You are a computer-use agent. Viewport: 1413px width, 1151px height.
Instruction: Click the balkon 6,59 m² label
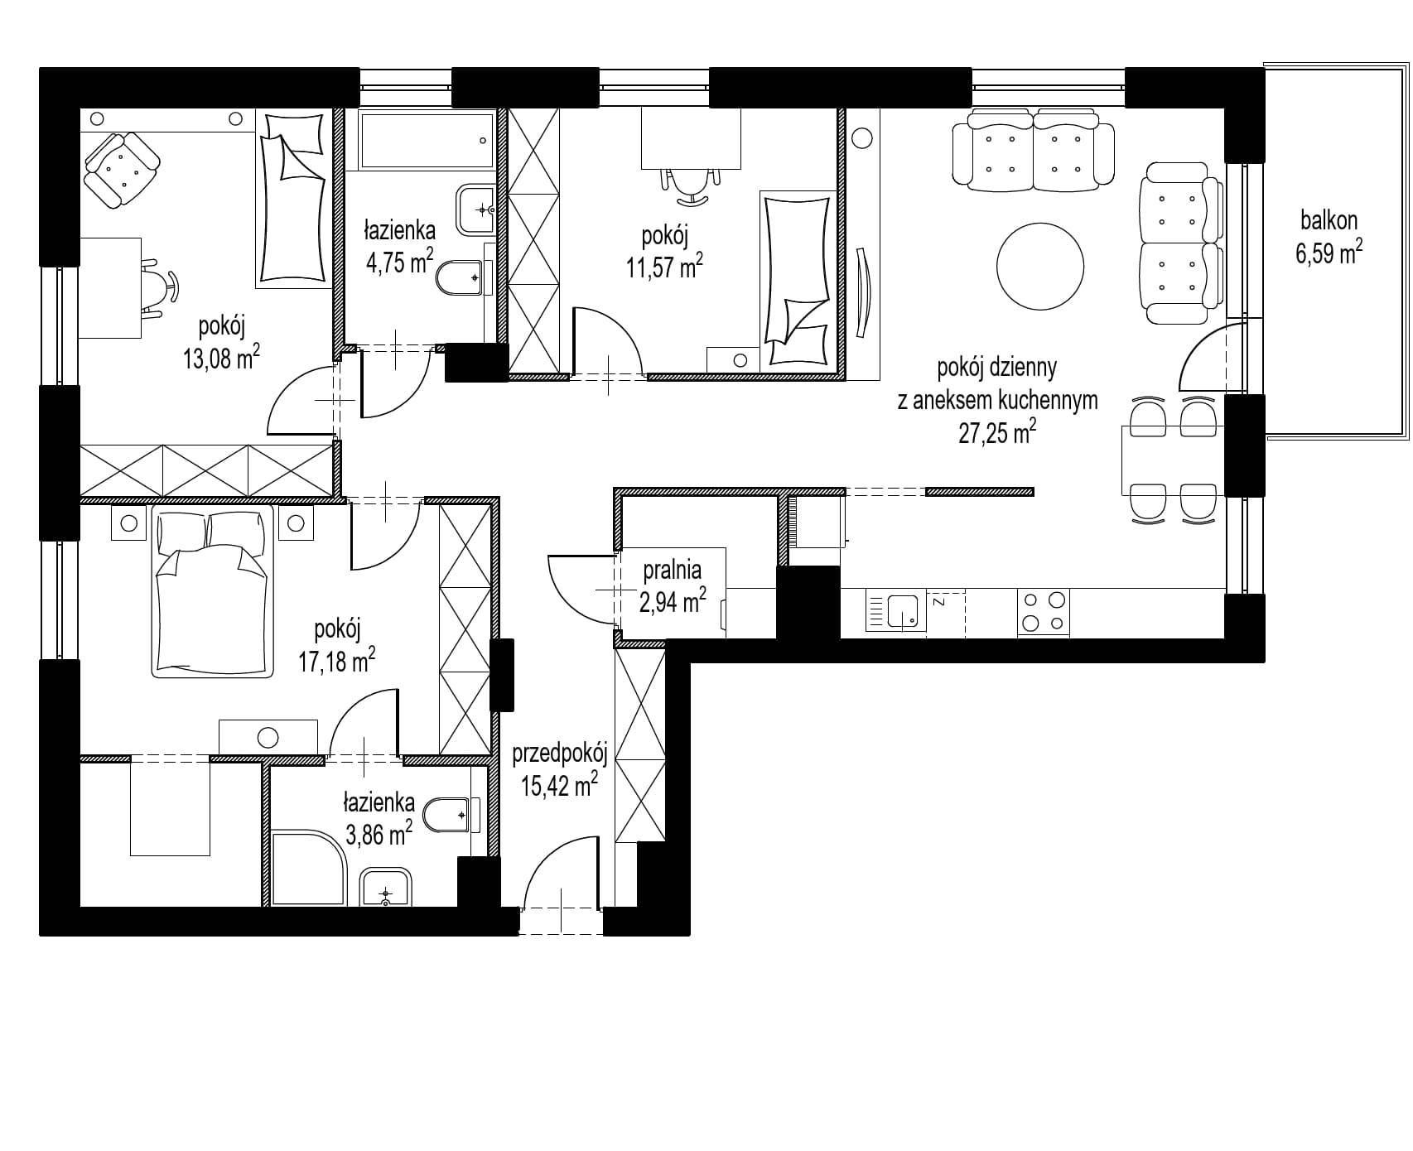tap(1329, 236)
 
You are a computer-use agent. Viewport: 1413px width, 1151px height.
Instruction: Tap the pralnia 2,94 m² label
tap(672, 585)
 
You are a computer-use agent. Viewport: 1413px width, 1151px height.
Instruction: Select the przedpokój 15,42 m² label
tap(560, 769)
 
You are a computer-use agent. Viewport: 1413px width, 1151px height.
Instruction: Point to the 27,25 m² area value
tap(997, 432)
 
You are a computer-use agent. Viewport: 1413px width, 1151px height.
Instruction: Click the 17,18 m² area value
tap(336, 661)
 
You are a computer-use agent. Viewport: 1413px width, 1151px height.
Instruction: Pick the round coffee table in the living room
tap(1039, 267)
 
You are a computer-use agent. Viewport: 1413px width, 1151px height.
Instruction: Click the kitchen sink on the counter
tap(895, 612)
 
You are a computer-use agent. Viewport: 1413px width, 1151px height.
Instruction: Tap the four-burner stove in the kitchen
tap(1044, 612)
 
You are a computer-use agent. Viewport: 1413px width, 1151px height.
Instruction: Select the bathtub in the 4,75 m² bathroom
tap(426, 140)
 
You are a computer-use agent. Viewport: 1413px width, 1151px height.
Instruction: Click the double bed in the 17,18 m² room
tap(213, 591)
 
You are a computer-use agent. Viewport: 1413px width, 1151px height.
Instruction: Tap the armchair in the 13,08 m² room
tap(121, 170)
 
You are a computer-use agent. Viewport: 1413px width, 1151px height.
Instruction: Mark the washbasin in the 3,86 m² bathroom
tap(386, 888)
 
